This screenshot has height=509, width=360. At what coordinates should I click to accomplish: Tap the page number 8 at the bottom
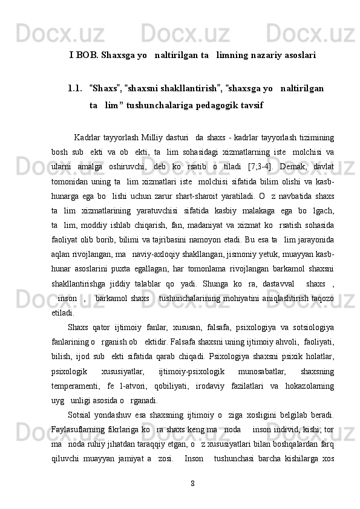point(192,482)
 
